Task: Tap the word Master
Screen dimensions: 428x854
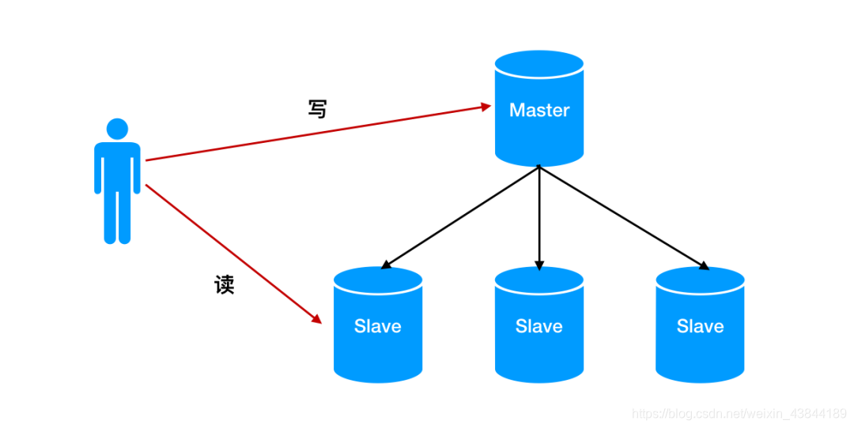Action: (538, 110)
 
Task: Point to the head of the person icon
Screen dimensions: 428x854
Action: (117, 129)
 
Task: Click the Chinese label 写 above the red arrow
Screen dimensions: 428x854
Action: (316, 109)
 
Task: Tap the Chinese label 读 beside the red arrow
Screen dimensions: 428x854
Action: (225, 285)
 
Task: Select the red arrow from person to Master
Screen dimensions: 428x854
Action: (316, 133)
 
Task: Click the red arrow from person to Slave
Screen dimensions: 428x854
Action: (233, 253)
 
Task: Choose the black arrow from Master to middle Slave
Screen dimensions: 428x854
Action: (538, 217)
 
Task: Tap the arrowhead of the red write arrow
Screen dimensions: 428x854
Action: (486, 105)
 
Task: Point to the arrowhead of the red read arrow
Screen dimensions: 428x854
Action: (316, 319)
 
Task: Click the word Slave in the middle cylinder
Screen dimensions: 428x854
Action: (538, 326)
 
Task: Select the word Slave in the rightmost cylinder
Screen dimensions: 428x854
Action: (700, 326)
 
